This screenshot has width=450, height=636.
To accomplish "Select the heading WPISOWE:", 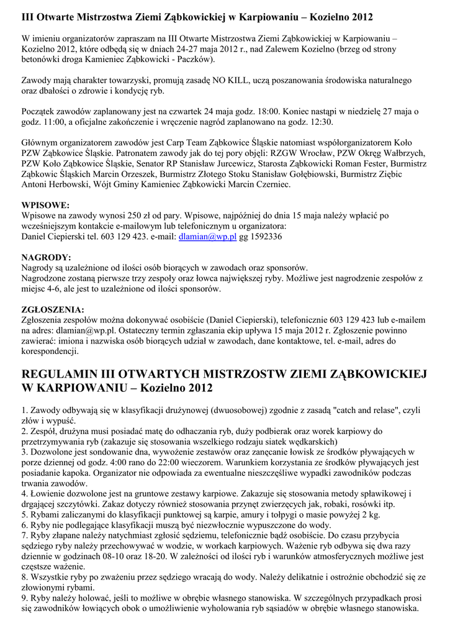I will point(45,205).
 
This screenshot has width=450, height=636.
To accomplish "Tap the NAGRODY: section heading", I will point(47,257).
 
